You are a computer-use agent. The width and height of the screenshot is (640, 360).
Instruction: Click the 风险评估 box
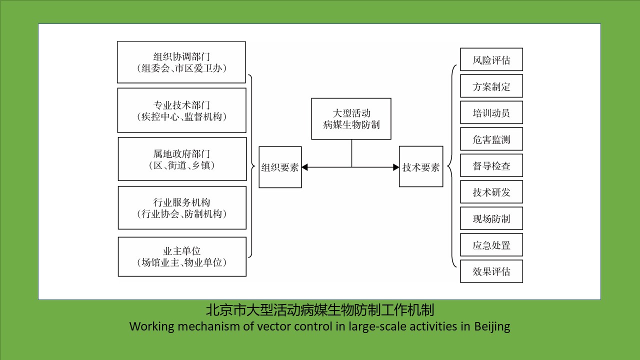point(491,60)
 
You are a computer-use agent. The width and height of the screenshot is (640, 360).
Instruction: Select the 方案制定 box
point(491,86)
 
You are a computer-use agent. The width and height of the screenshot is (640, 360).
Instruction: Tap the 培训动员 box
point(491,113)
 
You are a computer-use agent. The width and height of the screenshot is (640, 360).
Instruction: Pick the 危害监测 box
point(491,139)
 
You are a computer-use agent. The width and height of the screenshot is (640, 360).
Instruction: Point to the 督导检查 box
point(491,166)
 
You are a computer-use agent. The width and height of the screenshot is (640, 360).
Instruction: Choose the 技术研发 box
point(491,192)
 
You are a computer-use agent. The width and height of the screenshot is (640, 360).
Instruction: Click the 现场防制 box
point(491,219)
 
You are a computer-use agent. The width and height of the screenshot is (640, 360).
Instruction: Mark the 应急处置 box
point(491,245)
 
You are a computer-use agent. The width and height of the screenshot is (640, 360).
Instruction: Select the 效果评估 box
point(491,271)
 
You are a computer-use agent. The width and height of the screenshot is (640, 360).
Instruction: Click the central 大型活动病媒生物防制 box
point(351,118)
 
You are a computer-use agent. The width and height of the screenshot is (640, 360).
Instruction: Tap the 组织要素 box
point(280,167)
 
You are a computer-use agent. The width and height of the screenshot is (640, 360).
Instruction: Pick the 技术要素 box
point(421,167)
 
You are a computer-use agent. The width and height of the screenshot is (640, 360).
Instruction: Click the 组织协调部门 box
point(181,62)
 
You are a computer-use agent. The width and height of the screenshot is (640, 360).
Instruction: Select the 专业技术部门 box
point(181,110)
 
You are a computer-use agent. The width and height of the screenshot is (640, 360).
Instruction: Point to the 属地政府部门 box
point(182,159)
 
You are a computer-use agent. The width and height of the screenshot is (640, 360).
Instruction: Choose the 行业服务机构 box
point(182,207)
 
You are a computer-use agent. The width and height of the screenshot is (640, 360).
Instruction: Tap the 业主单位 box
point(182,256)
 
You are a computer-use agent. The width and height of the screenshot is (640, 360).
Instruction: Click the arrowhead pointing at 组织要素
point(305,167)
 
